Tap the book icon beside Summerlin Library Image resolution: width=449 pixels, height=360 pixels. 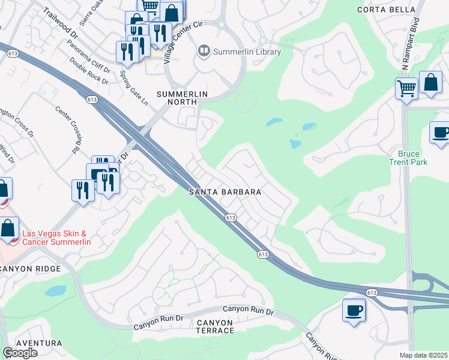pyautogui.click(x=204, y=52)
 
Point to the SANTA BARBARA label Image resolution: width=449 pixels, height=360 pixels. pyautogui.click(x=224, y=192)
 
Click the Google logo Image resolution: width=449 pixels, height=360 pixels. pyautogui.click(x=20, y=353)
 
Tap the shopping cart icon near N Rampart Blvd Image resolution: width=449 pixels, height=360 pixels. pyautogui.click(x=406, y=88)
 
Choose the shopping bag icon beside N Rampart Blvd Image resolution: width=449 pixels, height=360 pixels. pyautogui.click(x=430, y=82)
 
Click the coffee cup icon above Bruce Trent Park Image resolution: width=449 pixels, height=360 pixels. pyautogui.click(x=440, y=132)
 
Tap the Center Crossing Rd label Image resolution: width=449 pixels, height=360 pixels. pyautogui.click(x=67, y=128)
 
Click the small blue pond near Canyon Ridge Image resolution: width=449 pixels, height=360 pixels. pyautogui.click(x=55, y=291)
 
